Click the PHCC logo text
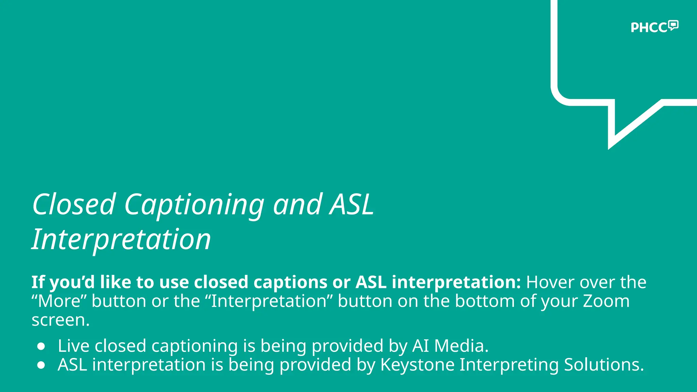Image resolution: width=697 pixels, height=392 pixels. (x=649, y=28)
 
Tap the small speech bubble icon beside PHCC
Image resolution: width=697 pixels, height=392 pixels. (x=673, y=25)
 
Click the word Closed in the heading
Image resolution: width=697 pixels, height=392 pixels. (x=74, y=205)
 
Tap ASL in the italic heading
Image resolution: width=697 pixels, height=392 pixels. (x=352, y=205)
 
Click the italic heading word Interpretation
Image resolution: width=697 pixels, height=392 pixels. (x=121, y=240)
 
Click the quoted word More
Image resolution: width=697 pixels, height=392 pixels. (x=59, y=301)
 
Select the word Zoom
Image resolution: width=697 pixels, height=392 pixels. (x=606, y=301)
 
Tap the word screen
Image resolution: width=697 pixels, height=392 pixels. (x=60, y=320)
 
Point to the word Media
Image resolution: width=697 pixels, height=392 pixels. (x=461, y=346)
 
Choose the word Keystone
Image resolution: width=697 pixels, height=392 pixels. (x=417, y=365)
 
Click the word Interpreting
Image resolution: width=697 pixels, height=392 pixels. (x=509, y=365)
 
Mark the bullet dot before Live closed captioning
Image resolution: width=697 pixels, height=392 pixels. (x=42, y=346)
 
